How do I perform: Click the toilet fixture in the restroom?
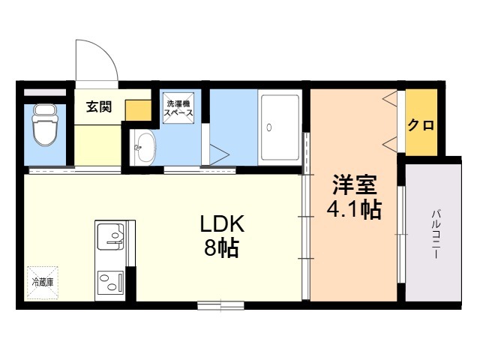45,125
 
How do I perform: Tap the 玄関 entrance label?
99,106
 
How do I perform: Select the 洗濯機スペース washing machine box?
178,108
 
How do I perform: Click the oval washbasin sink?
145,148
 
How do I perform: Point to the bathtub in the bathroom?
279,127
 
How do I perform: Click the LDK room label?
222,224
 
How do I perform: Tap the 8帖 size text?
221,248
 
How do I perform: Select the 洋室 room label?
355,184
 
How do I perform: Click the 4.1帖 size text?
354,209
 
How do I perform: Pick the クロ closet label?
421,125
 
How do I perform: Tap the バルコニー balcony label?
436,234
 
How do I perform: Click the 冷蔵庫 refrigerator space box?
43,282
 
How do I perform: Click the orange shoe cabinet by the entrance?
138,110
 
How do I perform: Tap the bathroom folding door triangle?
219,154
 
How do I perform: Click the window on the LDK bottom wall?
220,305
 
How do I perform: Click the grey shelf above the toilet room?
45,92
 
